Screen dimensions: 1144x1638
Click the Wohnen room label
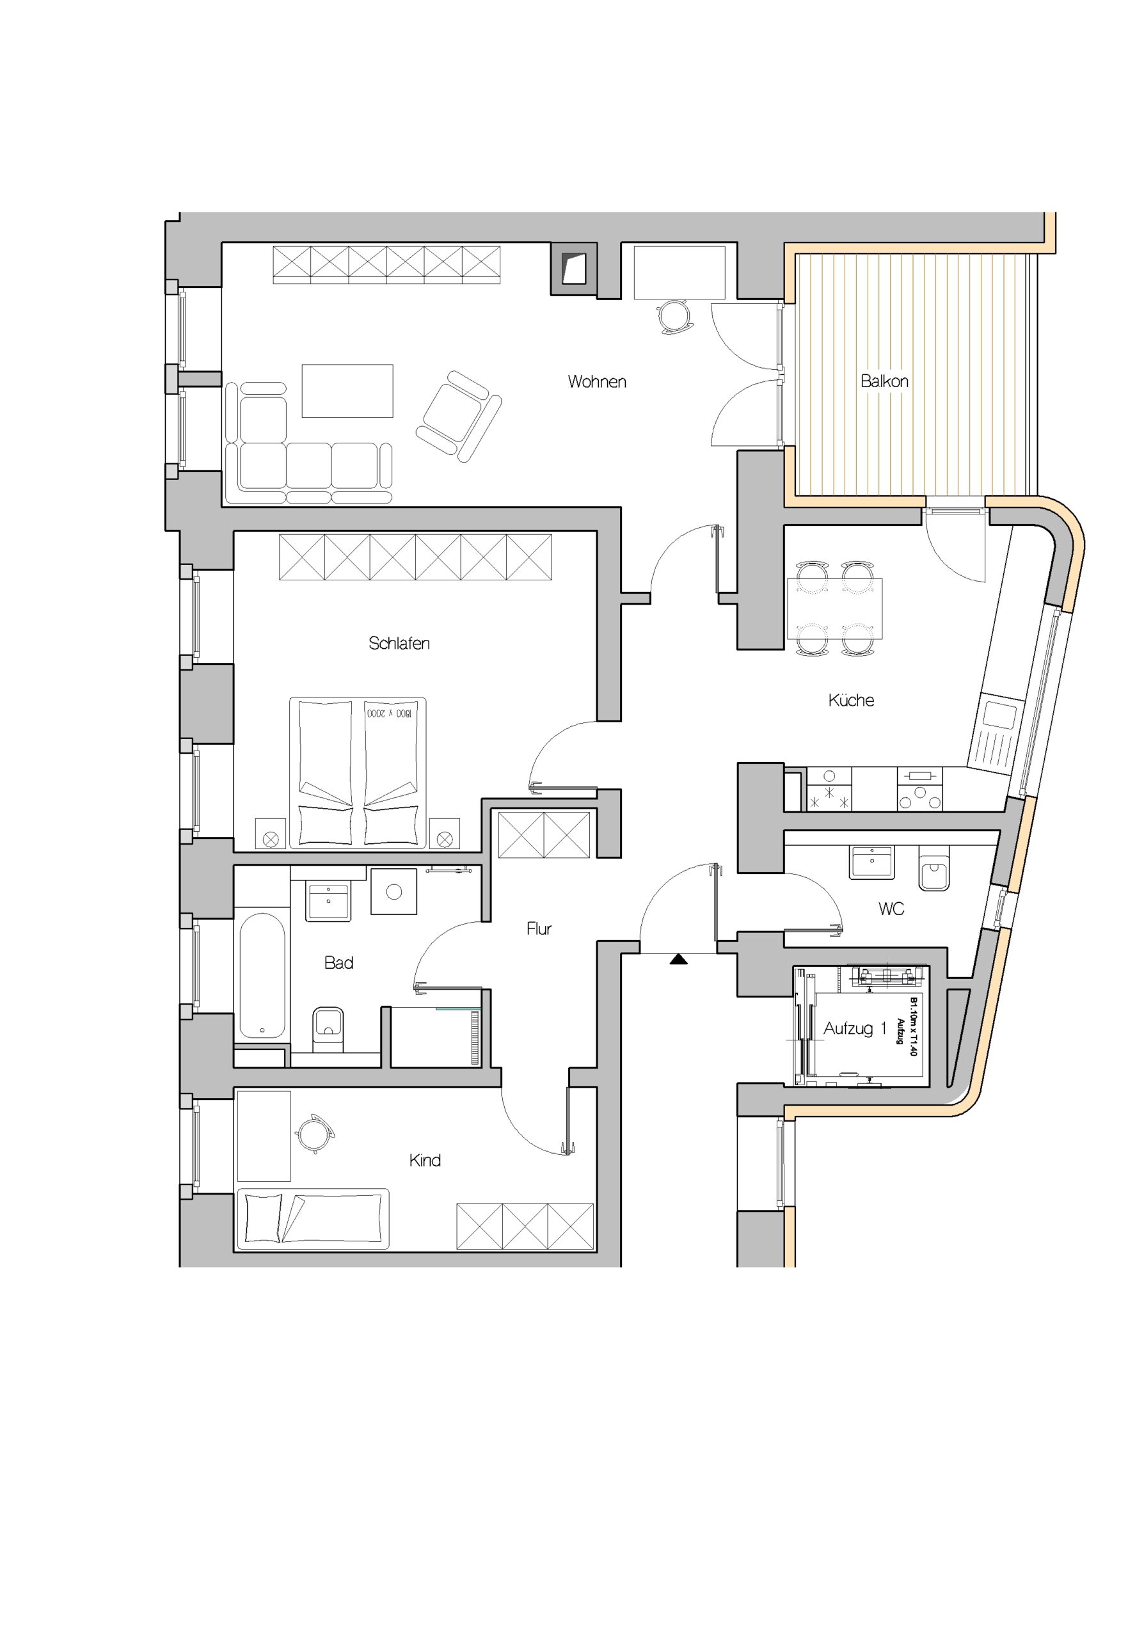(597, 382)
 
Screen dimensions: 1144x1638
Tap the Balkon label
(884, 381)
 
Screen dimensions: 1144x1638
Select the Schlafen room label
(399, 643)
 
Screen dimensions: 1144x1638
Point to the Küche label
(851, 700)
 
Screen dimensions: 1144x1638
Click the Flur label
(539, 928)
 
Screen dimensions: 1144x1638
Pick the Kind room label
(425, 1160)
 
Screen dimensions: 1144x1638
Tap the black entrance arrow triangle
(678, 960)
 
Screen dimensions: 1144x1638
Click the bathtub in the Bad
(262, 975)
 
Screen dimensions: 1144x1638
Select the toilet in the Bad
(328, 1030)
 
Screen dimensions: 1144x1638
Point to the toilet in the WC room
(933, 868)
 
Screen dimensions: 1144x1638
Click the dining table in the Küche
(834, 608)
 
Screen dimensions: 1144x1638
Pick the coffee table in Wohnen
(347, 391)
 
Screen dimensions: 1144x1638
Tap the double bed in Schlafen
(357, 773)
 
